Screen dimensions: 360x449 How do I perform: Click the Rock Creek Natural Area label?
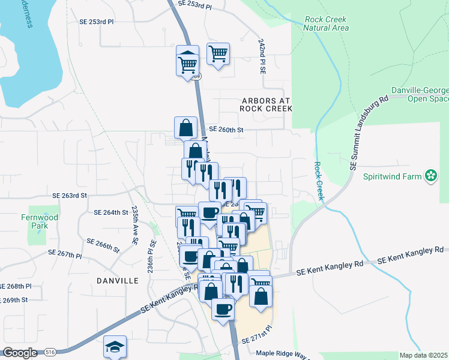pyautogui.click(x=325, y=23)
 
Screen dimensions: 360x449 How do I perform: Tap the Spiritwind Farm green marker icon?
pyautogui.click(x=430, y=176)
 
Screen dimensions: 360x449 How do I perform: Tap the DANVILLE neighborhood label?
pyautogui.click(x=118, y=280)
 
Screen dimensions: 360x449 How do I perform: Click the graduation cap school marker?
pyautogui.click(x=115, y=347)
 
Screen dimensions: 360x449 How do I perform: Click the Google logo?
pyautogui.click(x=20, y=353)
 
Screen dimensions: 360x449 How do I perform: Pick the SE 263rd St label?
pyautogui.click(x=70, y=196)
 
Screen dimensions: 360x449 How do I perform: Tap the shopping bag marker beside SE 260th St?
pyautogui.click(x=186, y=128)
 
